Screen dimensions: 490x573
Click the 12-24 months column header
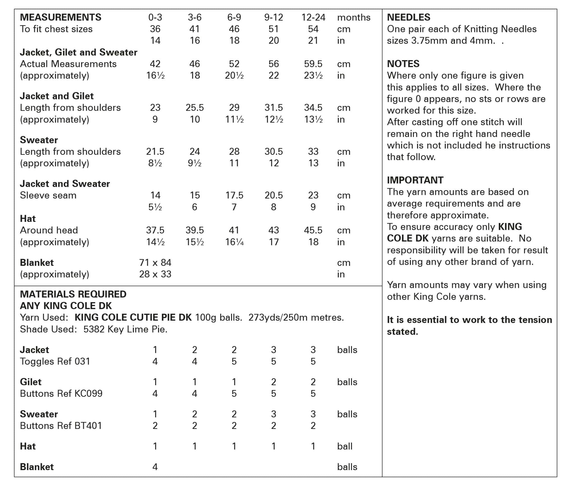(x=313, y=17)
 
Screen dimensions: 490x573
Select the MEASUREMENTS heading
(x=61, y=17)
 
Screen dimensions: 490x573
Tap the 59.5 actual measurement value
(x=313, y=64)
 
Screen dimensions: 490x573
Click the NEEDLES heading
(x=408, y=17)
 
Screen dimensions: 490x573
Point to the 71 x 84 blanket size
(x=155, y=263)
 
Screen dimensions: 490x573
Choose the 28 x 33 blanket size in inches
(x=155, y=274)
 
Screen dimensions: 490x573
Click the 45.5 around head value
(x=313, y=230)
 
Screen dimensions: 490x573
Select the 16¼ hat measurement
(x=234, y=242)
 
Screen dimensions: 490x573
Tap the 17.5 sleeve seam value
(x=234, y=195)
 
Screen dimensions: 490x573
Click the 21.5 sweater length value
(x=155, y=152)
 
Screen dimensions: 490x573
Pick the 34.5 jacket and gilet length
(x=313, y=108)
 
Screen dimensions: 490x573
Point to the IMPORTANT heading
(x=415, y=180)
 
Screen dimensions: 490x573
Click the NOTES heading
(x=403, y=64)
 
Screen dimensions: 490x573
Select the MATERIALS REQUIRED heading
(x=73, y=294)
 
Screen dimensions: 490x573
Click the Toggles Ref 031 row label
(x=55, y=361)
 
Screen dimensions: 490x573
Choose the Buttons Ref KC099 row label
(x=61, y=394)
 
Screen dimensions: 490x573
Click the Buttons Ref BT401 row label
(x=61, y=426)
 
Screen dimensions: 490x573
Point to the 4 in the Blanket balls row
(x=155, y=467)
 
